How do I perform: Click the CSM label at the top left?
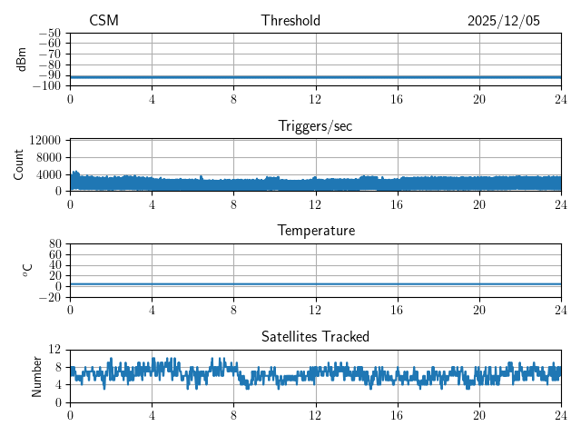click(x=103, y=21)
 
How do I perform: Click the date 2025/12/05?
click(x=503, y=21)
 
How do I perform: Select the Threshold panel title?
click(x=290, y=21)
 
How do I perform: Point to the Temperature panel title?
click(x=315, y=231)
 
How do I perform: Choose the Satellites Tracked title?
click(x=315, y=336)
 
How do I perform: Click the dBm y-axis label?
click(x=22, y=59)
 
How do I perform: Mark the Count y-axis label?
click(x=19, y=164)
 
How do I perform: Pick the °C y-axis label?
click(x=27, y=270)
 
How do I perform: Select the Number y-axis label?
click(x=37, y=375)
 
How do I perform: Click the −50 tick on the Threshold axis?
click(x=51, y=33)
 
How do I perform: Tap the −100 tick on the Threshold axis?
click(x=48, y=85)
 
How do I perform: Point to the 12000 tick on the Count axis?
click(x=45, y=141)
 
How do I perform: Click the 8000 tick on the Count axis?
click(x=48, y=157)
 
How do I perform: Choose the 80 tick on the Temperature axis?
click(x=55, y=244)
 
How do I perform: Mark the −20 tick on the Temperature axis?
click(x=51, y=297)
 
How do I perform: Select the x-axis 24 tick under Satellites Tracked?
click(x=561, y=415)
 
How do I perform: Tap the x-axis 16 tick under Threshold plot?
click(x=397, y=99)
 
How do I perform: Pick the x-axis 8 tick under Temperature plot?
click(x=233, y=310)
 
